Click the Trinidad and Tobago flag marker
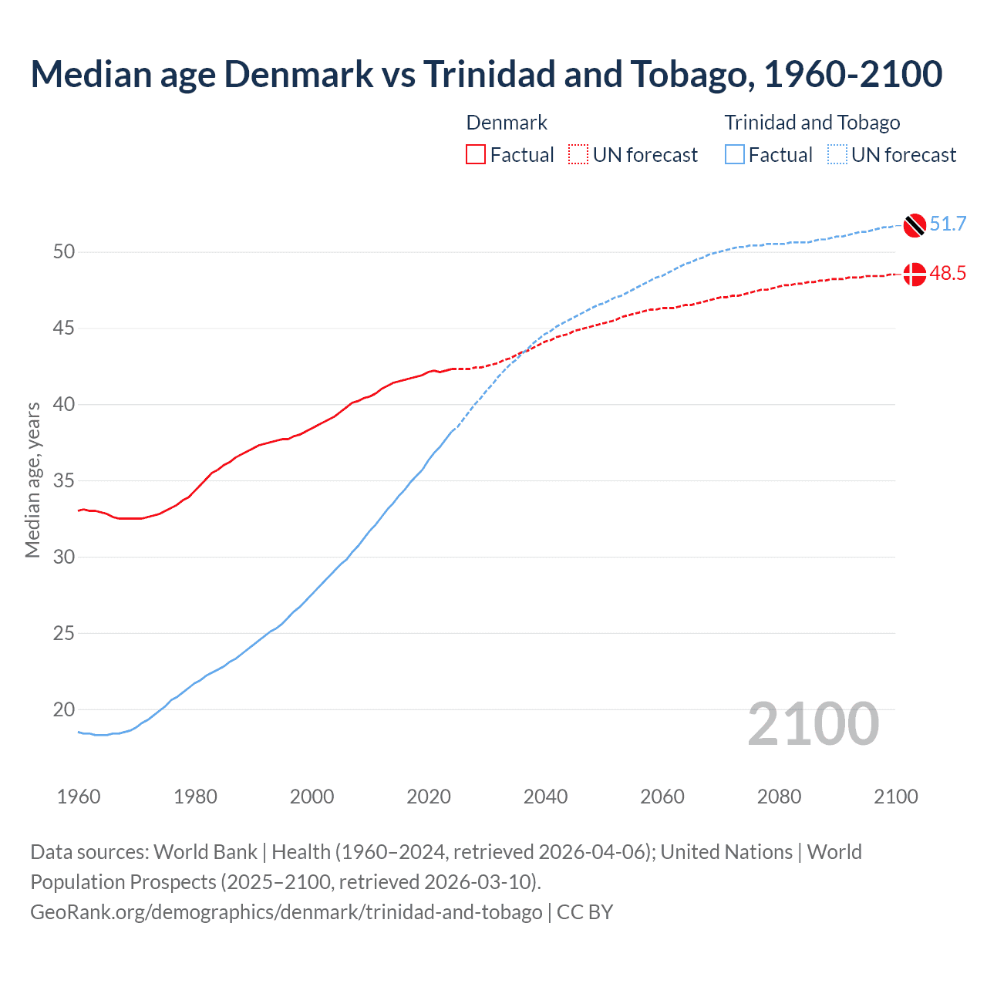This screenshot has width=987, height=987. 915,224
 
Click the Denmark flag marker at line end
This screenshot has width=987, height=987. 915,274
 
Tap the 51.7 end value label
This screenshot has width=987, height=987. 948,224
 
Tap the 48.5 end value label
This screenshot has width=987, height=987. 948,274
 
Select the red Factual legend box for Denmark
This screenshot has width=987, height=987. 476,155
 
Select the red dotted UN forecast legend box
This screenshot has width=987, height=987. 578,155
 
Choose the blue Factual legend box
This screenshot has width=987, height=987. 735,155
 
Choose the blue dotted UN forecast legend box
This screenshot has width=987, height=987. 837,155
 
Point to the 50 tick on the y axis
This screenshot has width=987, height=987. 64,252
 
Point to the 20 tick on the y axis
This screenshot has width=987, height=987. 64,709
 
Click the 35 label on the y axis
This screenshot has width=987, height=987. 64,481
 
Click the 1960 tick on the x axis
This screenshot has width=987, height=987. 79,797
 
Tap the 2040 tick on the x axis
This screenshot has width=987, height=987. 545,797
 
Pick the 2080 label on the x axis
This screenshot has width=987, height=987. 779,797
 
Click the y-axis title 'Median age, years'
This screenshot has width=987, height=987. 32,480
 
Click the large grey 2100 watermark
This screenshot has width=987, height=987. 813,724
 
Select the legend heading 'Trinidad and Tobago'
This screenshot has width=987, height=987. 812,123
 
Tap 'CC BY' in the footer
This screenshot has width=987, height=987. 584,912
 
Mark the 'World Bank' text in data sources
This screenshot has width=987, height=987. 205,852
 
